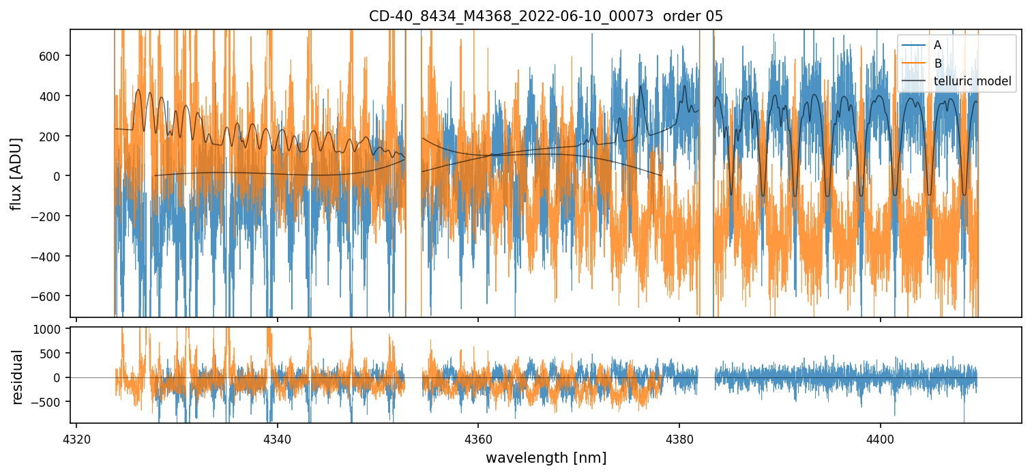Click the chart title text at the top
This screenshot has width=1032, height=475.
point(546,16)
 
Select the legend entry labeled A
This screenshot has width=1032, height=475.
point(937,45)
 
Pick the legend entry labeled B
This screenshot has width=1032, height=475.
point(937,63)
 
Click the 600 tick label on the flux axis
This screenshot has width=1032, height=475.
point(53,56)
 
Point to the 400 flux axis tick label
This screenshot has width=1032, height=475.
point(53,96)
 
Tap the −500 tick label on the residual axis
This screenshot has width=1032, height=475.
point(50,401)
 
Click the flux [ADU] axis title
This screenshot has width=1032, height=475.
point(16,173)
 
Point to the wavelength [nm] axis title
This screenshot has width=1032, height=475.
point(546,457)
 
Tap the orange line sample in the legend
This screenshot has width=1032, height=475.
point(913,63)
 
